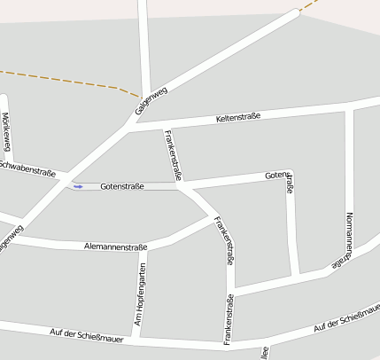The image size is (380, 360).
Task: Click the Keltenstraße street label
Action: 238,117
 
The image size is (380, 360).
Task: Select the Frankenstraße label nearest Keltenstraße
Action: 173,155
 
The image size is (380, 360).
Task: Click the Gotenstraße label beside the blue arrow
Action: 122,186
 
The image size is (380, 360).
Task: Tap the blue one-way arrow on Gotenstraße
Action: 78,186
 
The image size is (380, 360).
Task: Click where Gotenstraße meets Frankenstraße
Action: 181,186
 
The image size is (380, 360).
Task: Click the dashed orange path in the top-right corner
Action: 309,6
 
